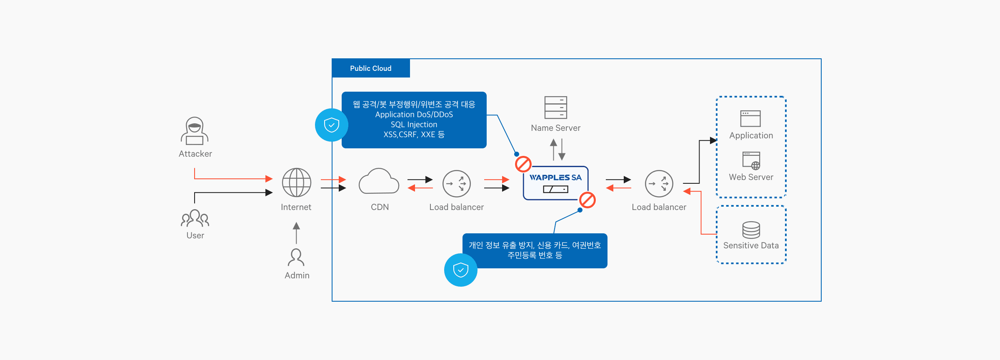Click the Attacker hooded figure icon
click(x=195, y=131)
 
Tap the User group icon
click(x=195, y=218)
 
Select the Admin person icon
click(x=296, y=257)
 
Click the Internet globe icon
click(x=296, y=182)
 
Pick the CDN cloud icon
click(x=379, y=182)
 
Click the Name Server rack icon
click(x=555, y=107)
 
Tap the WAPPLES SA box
click(x=555, y=183)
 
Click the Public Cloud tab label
click(x=370, y=68)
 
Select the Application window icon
click(x=750, y=118)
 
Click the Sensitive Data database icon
click(x=751, y=230)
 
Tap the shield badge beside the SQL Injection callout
click(x=332, y=125)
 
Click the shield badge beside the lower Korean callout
click(x=461, y=270)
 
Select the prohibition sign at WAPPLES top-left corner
click(x=523, y=164)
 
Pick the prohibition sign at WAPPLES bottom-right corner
click(x=587, y=200)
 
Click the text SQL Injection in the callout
click(x=414, y=125)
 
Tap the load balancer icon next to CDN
click(x=456, y=183)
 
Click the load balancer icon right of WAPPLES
click(x=659, y=183)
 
